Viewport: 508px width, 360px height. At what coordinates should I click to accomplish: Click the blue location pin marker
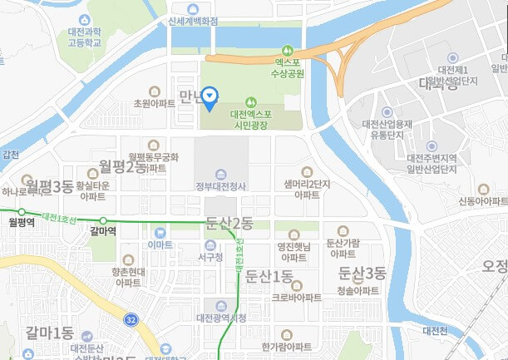pos(210,98)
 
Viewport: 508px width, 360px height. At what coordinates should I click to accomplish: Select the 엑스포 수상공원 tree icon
pos(289,48)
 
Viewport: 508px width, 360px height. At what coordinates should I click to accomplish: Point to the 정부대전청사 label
pos(220,185)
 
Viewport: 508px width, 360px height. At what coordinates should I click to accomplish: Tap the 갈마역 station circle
pos(103,221)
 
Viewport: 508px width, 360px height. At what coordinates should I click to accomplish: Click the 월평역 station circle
pos(22,212)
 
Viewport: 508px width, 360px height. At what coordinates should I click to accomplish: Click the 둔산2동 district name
pos(228,222)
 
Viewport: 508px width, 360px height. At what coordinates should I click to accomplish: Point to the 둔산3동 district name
pos(363,272)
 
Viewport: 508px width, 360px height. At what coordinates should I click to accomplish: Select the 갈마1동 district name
pos(50,333)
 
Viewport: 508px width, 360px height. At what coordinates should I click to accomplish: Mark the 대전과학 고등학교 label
pos(85,37)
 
